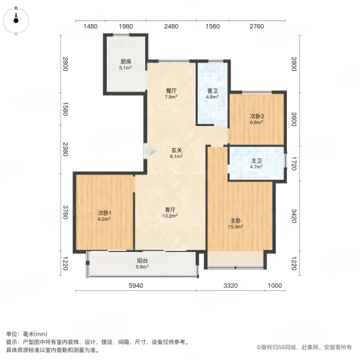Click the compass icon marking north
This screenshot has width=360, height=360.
[x=16, y=22]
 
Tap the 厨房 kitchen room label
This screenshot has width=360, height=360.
[x=125, y=61]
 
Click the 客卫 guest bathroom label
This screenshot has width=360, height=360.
[x=212, y=91]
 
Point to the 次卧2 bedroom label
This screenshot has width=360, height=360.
[x=257, y=116]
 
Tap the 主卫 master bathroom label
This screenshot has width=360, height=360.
[x=256, y=161]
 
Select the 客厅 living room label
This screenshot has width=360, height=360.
[x=170, y=210]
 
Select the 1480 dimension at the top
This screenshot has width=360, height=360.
[x=91, y=26]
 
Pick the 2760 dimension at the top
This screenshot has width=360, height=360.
[x=256, y=26]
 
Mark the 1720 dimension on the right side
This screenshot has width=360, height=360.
[x=294, y=163]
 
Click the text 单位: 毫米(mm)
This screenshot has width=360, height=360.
[x=27, y=334]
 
